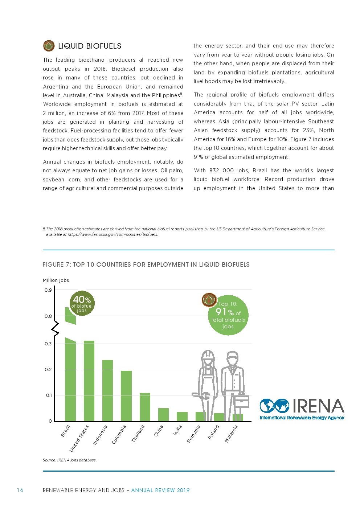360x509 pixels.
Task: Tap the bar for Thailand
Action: click(x=145, y=407)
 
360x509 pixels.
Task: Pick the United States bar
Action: click(x=89, y=381)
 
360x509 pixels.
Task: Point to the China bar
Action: click(x=163, y=414)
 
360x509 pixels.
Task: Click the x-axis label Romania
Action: click(x=193, y=434)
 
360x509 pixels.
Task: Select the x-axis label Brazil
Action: click(x=65, y=431)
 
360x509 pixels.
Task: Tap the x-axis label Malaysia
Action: click(x=231, y=434)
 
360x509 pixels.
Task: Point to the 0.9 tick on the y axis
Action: click(x=48, y=290)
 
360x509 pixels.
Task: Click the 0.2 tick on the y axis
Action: click(x=48, y=370)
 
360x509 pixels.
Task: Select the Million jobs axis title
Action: click(x=56, y=280)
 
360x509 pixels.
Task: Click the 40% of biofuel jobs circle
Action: click(x=82, y=303)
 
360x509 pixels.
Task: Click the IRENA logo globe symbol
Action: click(x=274, y=406)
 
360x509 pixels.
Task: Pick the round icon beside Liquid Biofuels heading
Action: click(x=49, y=46)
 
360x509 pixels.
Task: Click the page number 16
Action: click(x=20, y=490)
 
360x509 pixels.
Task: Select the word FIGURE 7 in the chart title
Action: click(x=56, y=264)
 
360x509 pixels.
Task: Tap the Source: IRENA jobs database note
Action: click(x=70, y=460)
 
